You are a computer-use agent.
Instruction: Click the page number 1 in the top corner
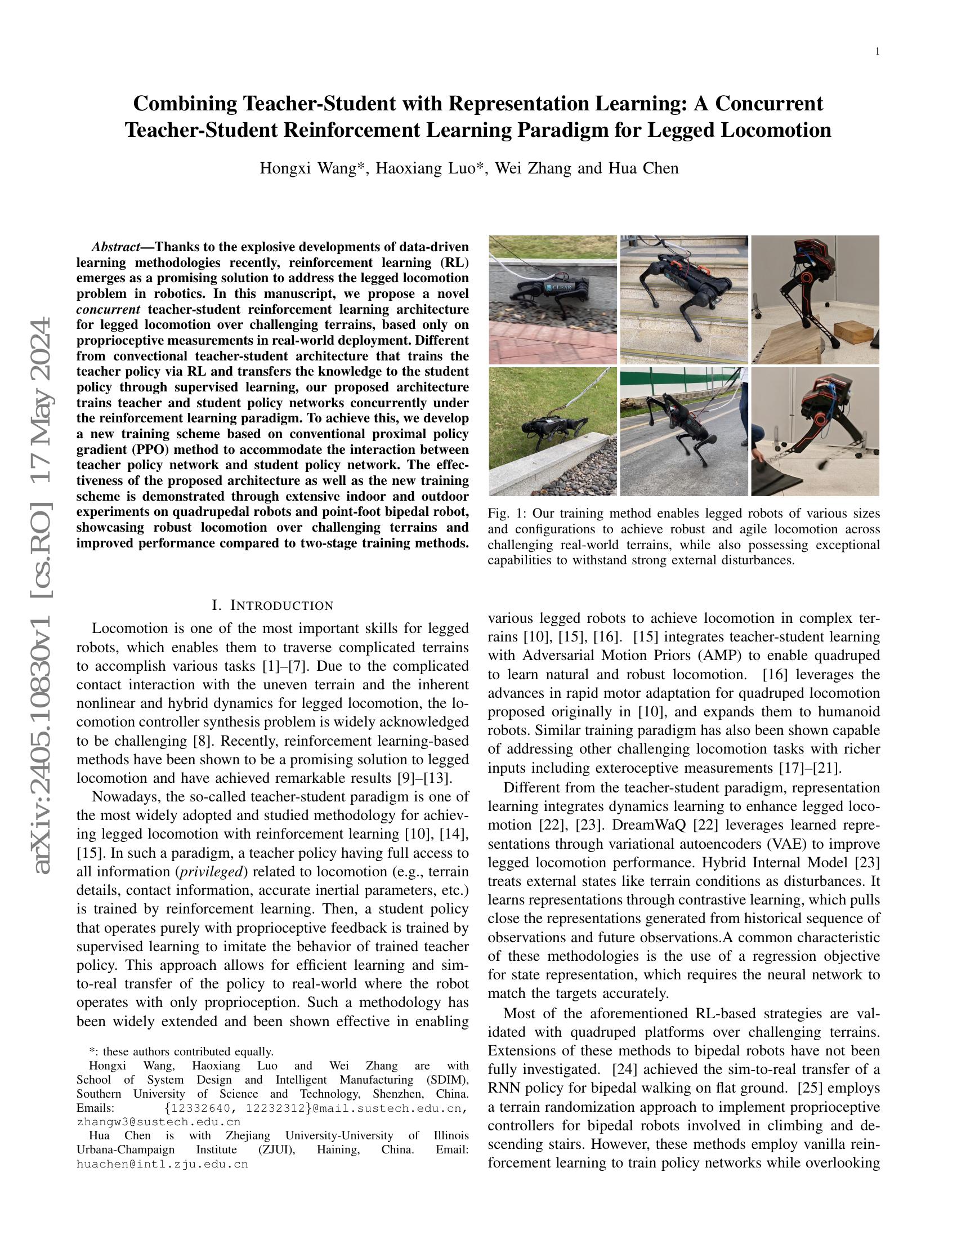(878, 52)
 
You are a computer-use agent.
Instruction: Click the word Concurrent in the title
(769, 104)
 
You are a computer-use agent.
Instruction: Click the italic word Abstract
(116, 247)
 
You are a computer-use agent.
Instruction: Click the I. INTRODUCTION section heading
(272, 605)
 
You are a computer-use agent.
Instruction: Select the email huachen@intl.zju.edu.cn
(163, 1164)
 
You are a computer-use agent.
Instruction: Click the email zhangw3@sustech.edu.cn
(159, 1121)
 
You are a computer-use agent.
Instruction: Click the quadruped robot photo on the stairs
(683, 300)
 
